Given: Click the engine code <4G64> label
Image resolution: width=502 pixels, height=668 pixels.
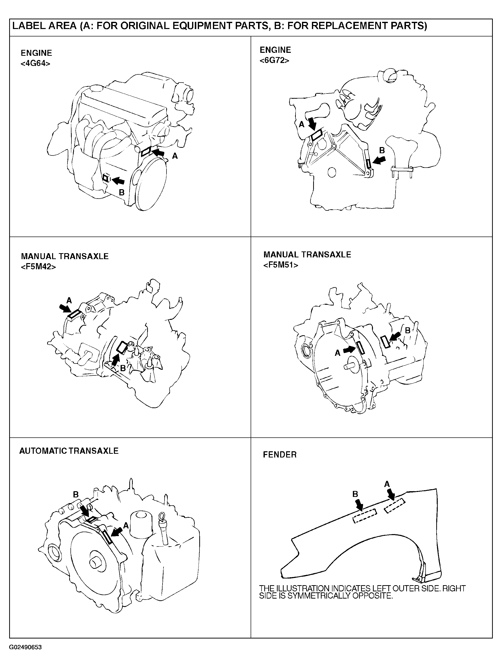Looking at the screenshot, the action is [x=35, y=64].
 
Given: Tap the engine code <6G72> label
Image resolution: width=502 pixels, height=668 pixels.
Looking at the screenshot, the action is [x=274, y=61].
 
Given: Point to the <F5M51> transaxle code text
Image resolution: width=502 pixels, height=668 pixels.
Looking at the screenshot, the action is [x=281, y=265].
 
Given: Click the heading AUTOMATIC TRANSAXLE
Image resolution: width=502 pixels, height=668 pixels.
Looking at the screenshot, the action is [x=69, y=451].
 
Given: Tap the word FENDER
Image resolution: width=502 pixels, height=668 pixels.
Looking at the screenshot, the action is [x=280, y=455].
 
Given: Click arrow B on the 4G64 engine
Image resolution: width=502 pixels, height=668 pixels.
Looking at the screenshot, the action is [x=118, y=180].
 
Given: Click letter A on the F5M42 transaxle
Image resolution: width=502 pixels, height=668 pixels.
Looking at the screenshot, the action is [x=69, y=301].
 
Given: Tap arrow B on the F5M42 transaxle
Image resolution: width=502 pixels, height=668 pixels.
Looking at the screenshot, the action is [x=115, y=360].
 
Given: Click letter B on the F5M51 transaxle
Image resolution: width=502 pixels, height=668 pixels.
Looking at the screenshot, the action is [x=407, y=330].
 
